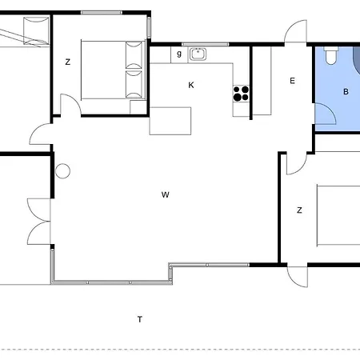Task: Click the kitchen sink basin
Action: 198,54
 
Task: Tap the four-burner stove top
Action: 241,94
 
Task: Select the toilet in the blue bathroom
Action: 330,55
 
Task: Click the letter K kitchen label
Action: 191,85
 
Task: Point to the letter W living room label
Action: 166,194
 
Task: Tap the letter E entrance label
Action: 292,81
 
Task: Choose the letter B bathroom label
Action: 346,92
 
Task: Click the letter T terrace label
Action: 140,319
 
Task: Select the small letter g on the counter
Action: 179,54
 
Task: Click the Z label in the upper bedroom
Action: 68,62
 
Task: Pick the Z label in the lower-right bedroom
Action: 299,210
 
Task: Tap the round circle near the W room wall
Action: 62,171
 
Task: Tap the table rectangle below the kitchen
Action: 170,121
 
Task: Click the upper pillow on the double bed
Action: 134,55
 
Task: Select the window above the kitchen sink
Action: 205,44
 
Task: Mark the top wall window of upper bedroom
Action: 102,12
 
